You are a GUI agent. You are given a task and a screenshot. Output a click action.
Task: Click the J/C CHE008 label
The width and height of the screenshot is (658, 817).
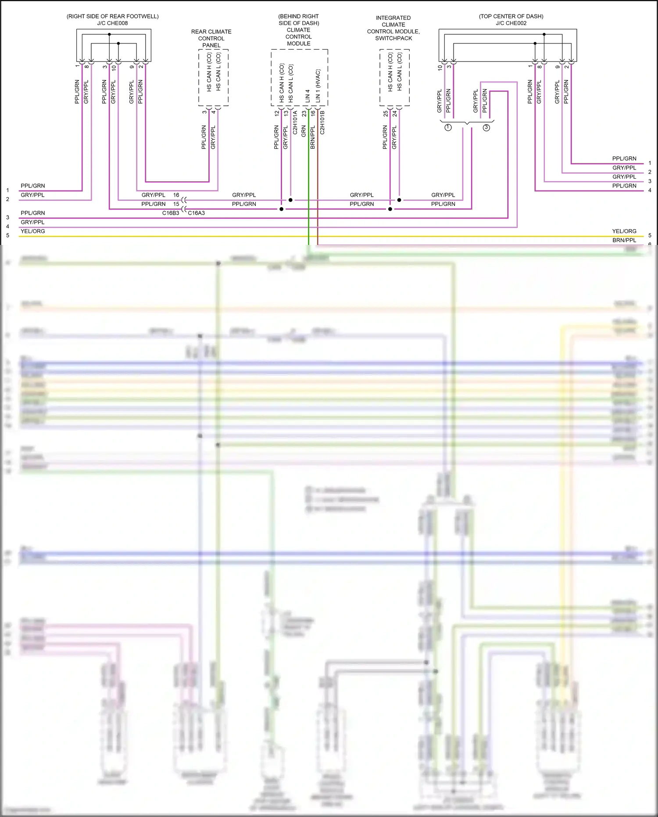point(112,23)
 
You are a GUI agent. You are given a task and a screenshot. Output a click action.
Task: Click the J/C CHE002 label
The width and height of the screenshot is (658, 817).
point(511,23)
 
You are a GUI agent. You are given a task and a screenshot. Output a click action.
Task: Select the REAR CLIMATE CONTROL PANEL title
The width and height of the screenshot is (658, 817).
point(211,38)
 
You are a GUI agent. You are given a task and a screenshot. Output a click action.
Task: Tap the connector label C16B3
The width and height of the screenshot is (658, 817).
point(171,213)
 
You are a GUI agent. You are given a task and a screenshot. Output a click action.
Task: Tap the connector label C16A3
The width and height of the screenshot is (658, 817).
point(197,213)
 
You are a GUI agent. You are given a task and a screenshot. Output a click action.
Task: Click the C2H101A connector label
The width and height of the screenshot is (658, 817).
point(295,122)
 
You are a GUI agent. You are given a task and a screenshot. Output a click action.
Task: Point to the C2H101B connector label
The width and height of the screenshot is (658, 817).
point(322,122)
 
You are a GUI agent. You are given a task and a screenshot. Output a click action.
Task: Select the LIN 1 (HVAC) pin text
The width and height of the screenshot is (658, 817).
point(318,86)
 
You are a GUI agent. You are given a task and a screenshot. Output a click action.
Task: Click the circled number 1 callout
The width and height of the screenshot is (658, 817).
point(448,127)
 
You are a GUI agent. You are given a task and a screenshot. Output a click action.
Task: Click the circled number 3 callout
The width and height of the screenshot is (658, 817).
point(486,127)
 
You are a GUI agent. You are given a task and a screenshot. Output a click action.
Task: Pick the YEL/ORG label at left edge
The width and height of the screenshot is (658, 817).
point(33,231)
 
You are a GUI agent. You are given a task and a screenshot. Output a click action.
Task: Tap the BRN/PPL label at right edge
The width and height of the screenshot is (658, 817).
point(624,240)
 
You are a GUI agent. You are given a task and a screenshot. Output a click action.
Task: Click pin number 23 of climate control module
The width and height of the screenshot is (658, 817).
point(304,113)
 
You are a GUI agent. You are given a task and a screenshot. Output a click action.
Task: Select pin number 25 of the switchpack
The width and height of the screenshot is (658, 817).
point(386,113)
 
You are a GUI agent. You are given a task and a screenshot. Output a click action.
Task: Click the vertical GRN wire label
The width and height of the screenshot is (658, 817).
point(304,131)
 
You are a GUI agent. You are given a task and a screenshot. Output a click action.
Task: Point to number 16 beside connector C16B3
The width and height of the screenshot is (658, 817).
point(176,195)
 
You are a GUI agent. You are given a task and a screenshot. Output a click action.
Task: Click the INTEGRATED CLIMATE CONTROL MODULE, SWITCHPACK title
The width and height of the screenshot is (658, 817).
point(393,28)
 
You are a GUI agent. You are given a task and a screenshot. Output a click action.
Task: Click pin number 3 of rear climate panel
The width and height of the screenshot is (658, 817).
point(204,112)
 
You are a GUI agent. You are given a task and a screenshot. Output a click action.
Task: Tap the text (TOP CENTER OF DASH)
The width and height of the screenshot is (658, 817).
point(511,16)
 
